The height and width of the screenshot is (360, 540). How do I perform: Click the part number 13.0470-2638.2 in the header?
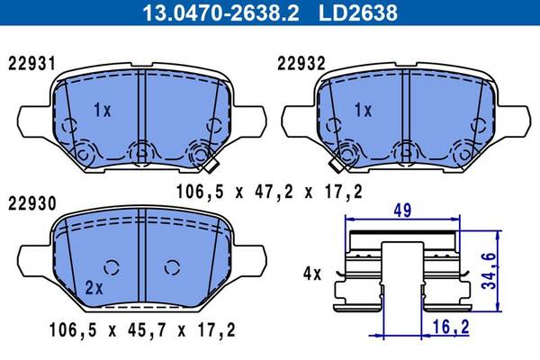[220, 13]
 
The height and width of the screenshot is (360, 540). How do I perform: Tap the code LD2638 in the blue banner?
[358, 13]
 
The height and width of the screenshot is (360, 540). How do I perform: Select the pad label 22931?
[31, 64]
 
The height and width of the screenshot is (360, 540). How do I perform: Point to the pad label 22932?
[301, 64]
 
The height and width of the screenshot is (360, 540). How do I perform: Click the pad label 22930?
[32, 204]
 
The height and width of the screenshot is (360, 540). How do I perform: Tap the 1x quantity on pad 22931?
[103, 110]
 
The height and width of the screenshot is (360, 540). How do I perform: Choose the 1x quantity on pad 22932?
[364, 110]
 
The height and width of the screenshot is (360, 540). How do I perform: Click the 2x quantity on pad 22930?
[94, 288]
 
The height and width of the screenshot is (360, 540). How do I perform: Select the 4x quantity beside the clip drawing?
[312, 274]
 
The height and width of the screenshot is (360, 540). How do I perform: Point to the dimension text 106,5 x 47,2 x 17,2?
[269, 192]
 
